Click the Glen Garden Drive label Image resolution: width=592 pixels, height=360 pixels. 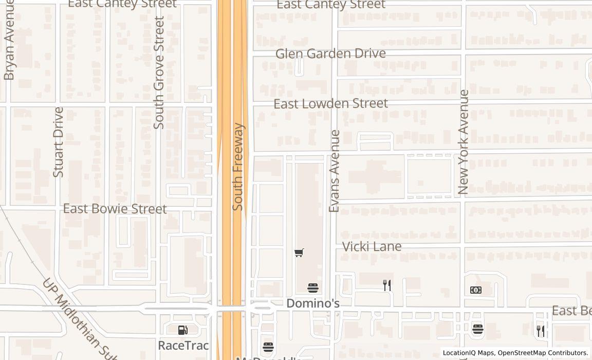click(330, 53)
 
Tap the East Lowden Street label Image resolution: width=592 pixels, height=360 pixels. click(330, 103)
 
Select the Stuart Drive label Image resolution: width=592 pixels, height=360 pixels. click(58, 142)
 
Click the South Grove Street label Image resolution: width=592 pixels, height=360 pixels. click(159, 72)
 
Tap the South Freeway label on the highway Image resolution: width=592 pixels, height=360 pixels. click(237, 167)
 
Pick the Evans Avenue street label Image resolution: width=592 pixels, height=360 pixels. click(335, 171)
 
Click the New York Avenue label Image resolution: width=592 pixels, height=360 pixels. click(464, 142)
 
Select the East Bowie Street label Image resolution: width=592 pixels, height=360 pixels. click(115, 209)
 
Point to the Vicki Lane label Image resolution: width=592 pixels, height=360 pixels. click(372, 247)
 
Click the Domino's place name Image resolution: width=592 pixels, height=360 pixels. click(313, 303)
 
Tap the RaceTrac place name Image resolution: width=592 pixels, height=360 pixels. click(183, 345)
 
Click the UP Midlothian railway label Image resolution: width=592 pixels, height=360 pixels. click(80, 319)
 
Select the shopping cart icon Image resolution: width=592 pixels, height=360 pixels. click(299, 253)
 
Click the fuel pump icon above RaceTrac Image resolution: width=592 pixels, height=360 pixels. click(182, 330)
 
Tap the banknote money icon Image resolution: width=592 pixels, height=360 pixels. click(476, 290)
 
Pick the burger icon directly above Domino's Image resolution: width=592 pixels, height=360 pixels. click(313, 288)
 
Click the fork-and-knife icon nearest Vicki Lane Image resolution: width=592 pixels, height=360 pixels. click(387, 285)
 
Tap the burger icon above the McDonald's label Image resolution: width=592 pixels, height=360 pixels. click(268, 347)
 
